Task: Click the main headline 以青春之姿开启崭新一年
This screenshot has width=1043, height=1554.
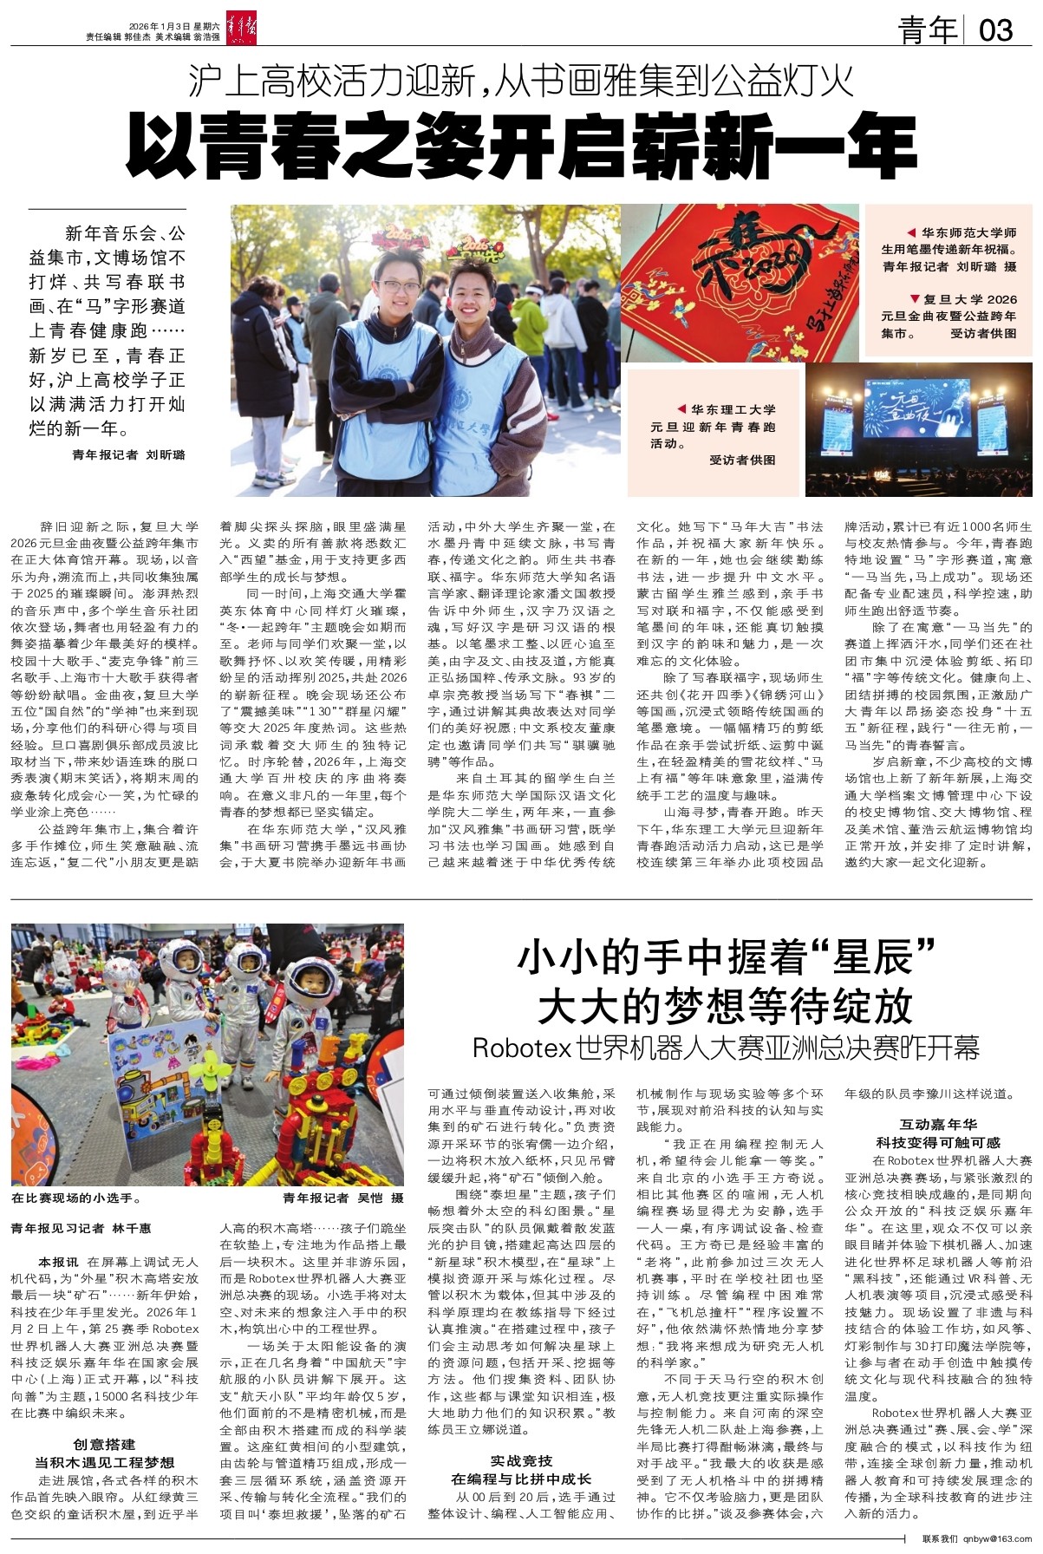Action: pos(521,142)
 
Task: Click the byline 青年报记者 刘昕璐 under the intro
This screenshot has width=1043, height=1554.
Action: pos(129,454)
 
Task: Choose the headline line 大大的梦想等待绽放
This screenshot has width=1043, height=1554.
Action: pos(725,1005)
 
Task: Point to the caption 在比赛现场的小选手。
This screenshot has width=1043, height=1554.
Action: pos(76,1198)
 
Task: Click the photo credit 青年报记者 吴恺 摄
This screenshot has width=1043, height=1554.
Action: pos(343,1198)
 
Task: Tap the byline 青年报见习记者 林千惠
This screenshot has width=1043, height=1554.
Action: pos(81,1228)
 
